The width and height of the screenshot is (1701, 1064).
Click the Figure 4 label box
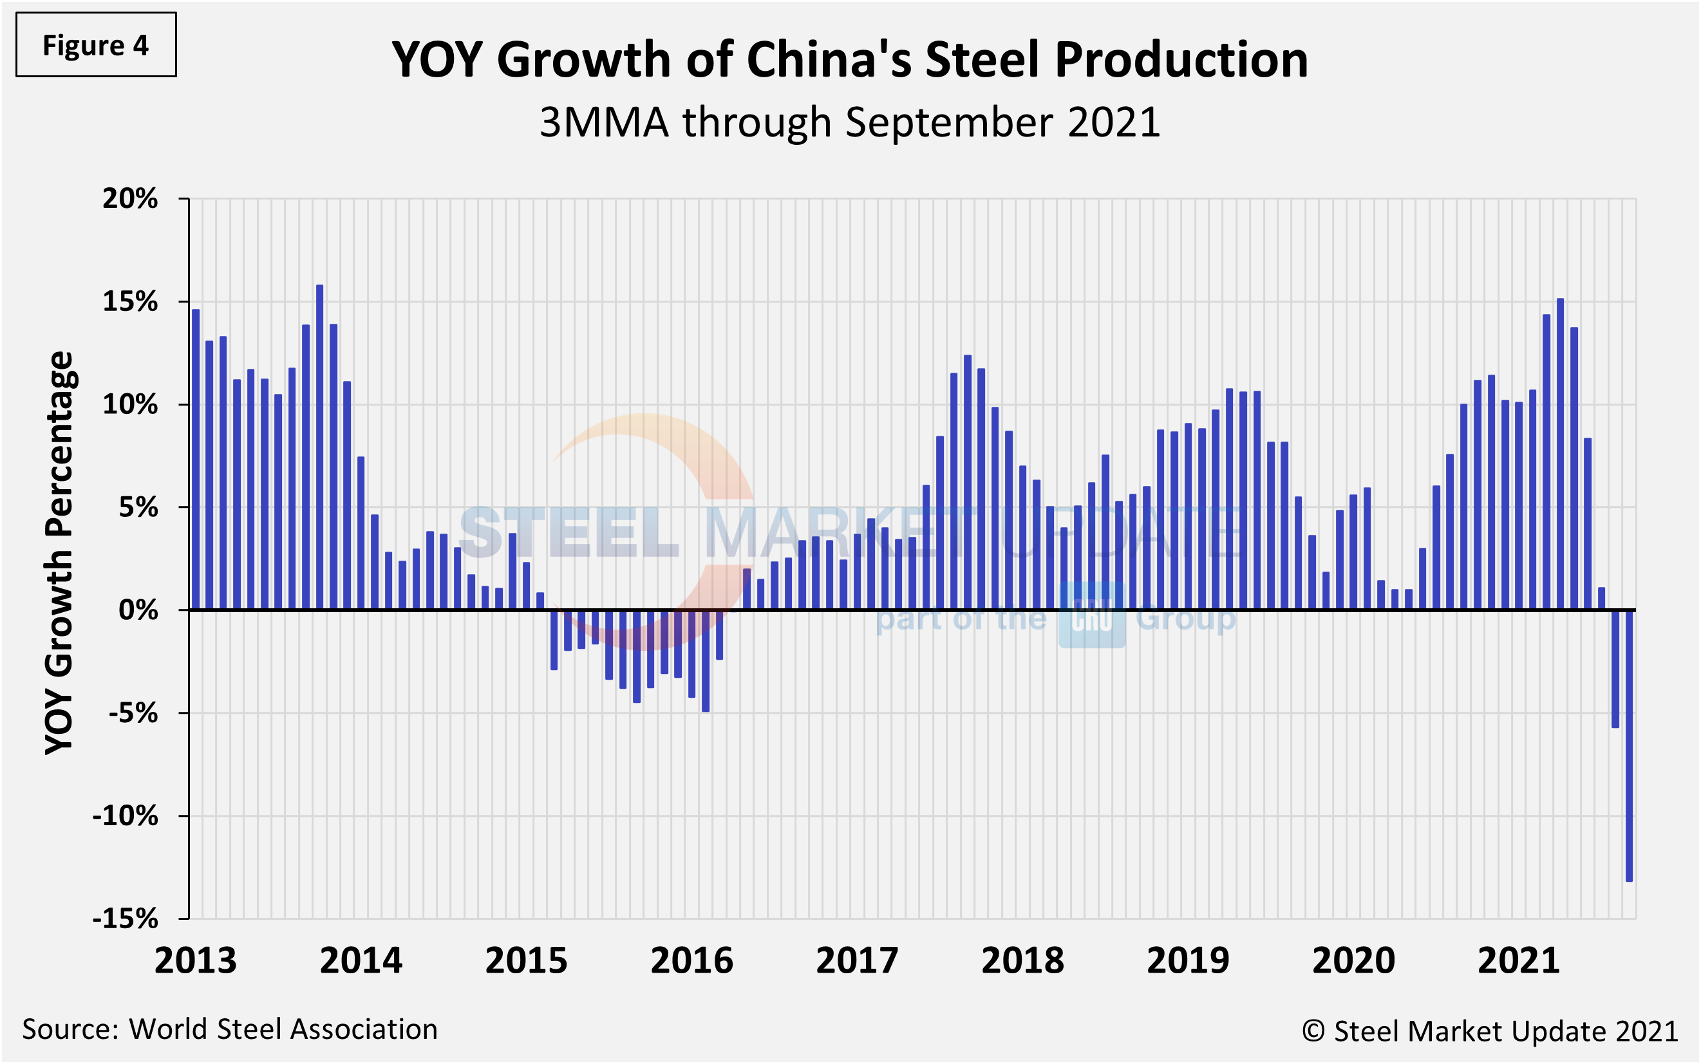coord(96,45)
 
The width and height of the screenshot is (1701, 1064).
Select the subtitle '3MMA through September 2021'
coord(849,122)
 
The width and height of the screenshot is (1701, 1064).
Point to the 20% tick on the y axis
coord(130,199)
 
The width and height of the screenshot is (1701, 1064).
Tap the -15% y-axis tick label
coord(126,919)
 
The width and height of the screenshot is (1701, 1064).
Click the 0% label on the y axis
coord(138,610)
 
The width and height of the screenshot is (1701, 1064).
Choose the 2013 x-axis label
coord(196,960)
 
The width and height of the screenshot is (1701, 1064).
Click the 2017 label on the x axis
coord(856,960)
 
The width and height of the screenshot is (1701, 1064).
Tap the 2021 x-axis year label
coord(1519,960)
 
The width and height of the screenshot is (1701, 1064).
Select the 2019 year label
coord(1188,960)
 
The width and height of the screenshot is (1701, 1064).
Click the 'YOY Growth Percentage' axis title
coord(59,552)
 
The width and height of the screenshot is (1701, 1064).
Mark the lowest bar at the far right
coord(1628,746)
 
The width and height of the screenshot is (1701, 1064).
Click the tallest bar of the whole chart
coord(319,447)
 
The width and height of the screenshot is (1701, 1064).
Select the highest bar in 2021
coord(1560,454)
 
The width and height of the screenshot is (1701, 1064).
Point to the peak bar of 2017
coord(968,483)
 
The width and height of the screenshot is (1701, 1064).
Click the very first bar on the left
coord(196,460)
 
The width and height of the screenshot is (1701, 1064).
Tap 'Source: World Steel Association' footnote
coord(229,1029)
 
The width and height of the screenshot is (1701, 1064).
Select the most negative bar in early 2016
coord(706,661)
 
